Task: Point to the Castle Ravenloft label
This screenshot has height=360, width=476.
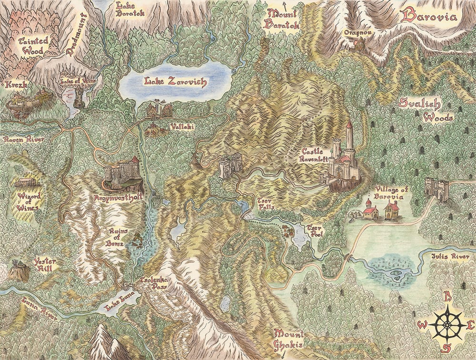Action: [x=315, y=156]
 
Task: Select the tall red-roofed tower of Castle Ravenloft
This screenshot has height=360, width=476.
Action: [x=349, y=136]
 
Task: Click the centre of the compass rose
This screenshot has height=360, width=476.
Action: [x=447, y=324]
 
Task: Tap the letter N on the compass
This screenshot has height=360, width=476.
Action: [x=447, y=297]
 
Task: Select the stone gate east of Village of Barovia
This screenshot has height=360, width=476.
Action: [x=436, y=190]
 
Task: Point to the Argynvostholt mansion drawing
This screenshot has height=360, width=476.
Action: [x=123, y=173]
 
